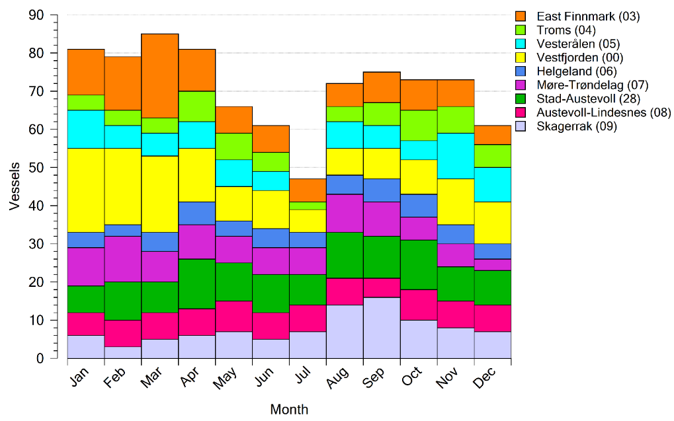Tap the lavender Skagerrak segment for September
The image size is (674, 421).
pyautogui.click(x=382, y=328)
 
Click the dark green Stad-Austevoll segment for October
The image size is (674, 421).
pyautogui.click(x=419, y=264)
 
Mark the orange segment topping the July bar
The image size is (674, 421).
pyautogui.click(x=308, y=190)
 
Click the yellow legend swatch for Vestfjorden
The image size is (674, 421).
pyautogui.click(x=521, y=57)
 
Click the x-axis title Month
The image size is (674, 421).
pyautogui.click(x=289, y=410)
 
